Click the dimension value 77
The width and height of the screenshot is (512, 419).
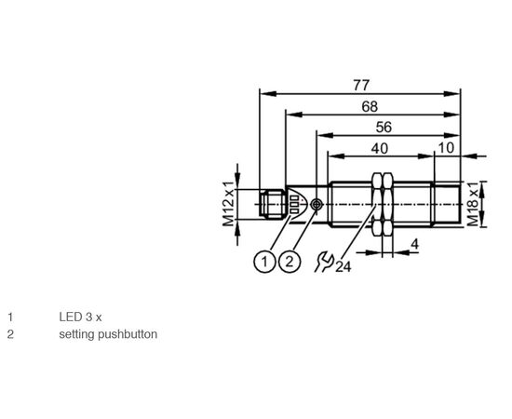click(361, 86)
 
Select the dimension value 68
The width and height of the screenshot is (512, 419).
click(370, 106)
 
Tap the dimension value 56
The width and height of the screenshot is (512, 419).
click(384, 127)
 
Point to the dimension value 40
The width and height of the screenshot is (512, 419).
click(380, 149)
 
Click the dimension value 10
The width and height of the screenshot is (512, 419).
click(446, 148)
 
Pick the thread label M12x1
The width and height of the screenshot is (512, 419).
click(229, 204)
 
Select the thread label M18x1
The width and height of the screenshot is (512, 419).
click(473, 204)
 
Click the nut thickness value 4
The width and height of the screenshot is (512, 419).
click(414, 244)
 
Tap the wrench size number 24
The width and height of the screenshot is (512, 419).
click(344, 267)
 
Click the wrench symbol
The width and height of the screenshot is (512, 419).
click(324, 262)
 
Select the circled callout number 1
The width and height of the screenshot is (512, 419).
click(264, 262)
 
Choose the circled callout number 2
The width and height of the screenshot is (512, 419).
click(290, 262)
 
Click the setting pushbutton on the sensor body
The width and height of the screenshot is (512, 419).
click(317, 205)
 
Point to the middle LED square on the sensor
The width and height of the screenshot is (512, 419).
click(294, 205)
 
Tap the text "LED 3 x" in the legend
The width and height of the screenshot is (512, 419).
click(80, 318)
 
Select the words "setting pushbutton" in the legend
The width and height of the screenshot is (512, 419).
click(108, 334)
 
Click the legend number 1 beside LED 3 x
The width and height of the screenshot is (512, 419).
click(11, 318)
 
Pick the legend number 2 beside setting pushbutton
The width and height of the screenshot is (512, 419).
click(11, 334)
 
